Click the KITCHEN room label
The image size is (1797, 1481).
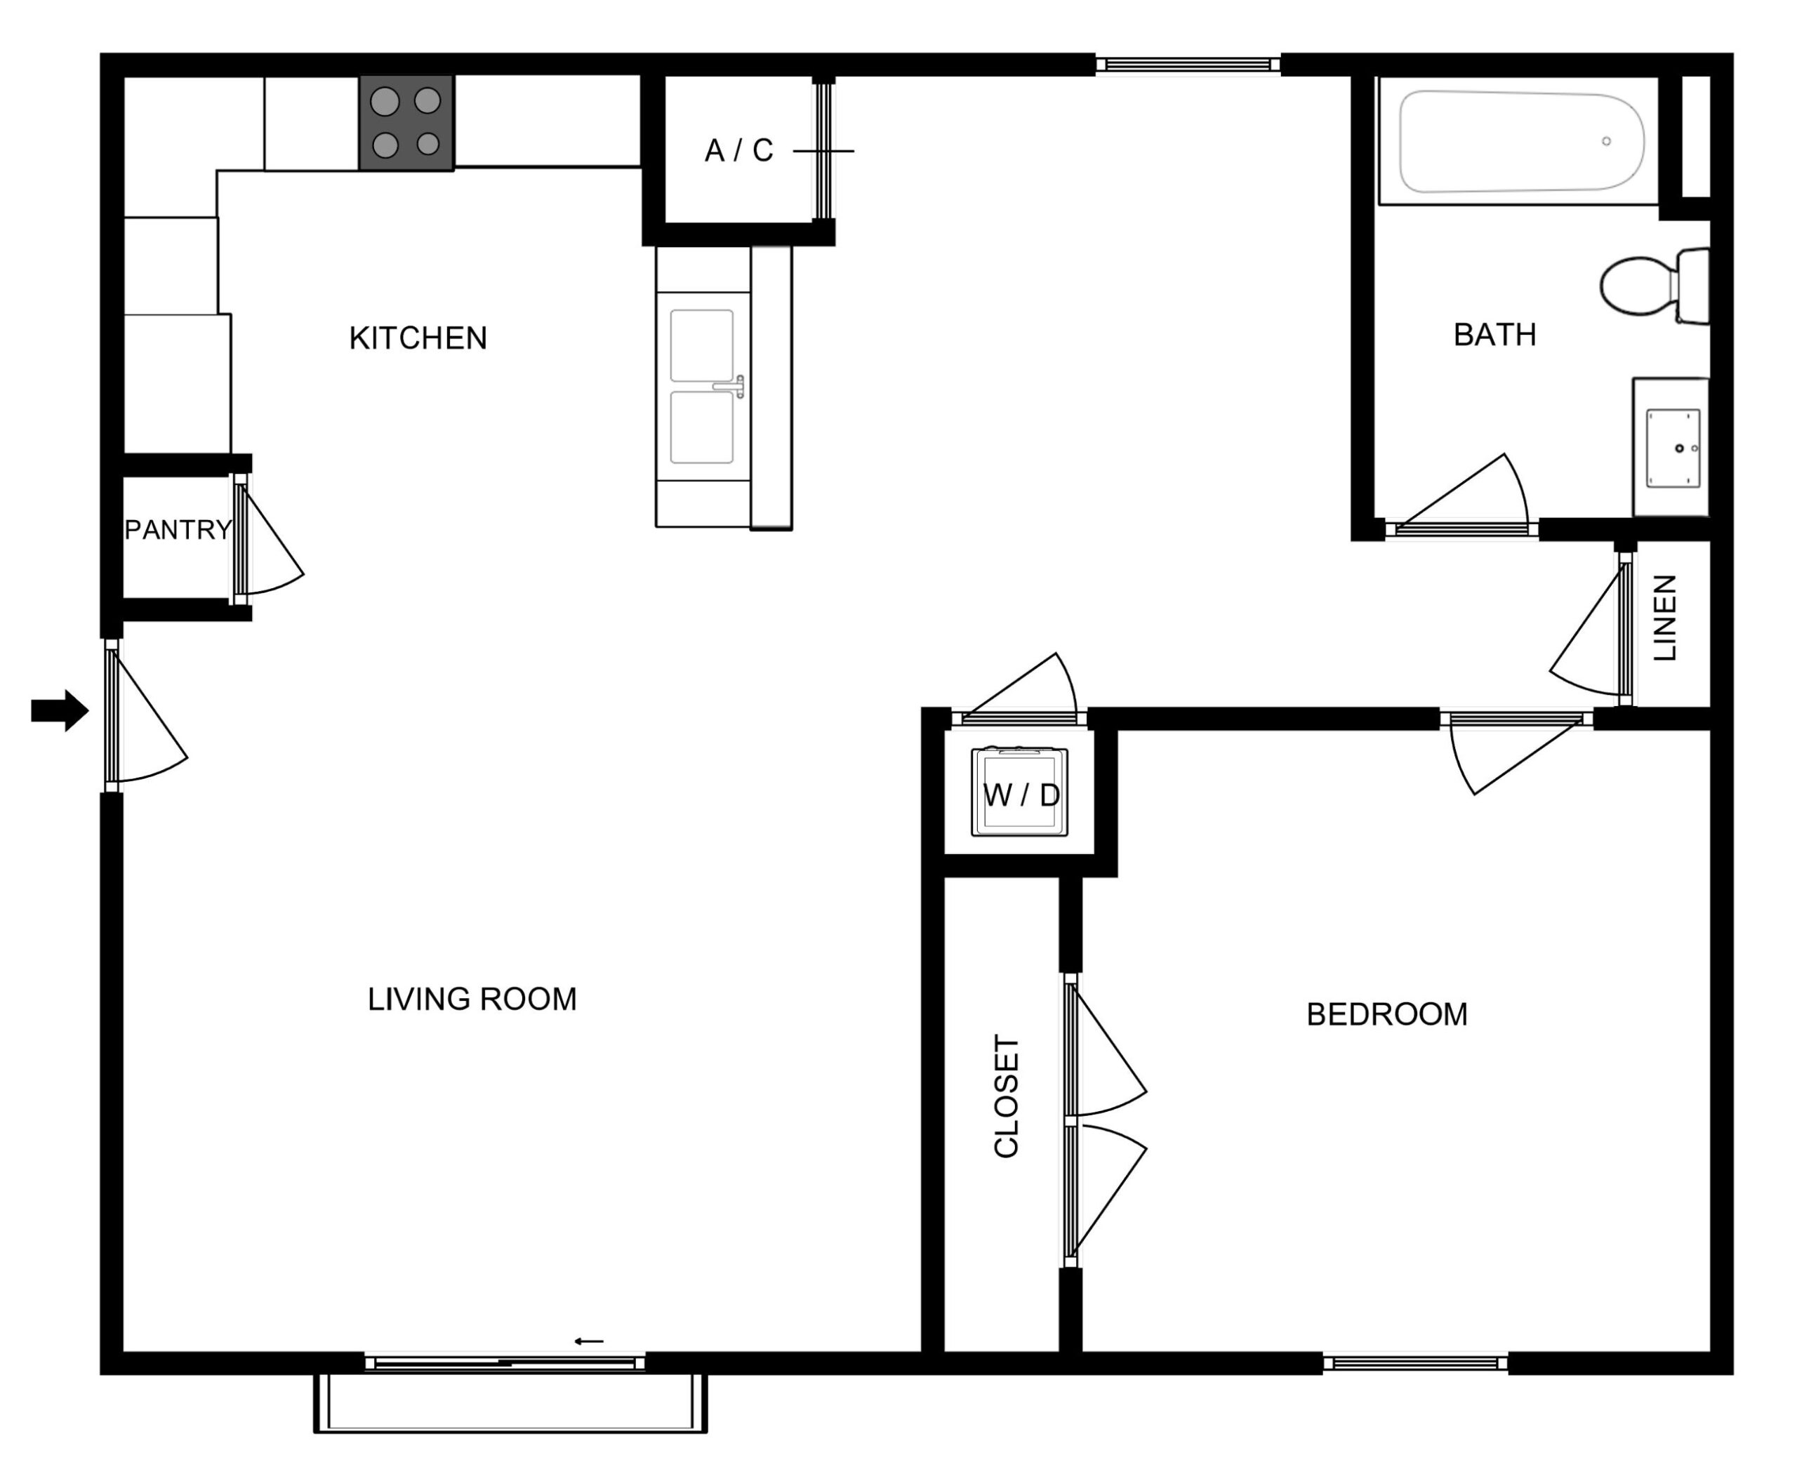(418, 339)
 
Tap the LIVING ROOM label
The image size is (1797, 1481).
(472, 999)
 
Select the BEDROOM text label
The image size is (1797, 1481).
(1386, 1014)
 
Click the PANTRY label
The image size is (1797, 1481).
(178, 530)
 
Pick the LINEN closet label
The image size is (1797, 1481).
(1665, 618)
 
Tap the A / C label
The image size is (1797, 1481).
(739, 151)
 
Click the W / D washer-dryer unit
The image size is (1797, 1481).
(1020, 792)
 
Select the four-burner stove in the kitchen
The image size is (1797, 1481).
(406, 123)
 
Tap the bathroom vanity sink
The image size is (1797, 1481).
(1673, 448)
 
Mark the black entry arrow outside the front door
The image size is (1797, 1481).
(60, 710)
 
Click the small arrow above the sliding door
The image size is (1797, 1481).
(589, 1341)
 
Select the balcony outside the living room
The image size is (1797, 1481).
(510, 1402)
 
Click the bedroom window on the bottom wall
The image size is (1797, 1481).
(1414, 1362)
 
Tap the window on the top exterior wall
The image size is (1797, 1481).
(1188, 64)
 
